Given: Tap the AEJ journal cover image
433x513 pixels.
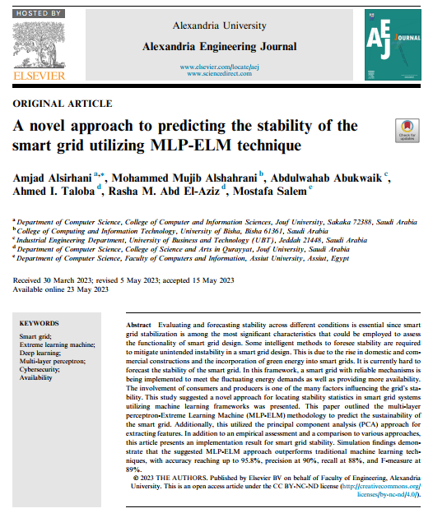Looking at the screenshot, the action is pyautogui.click(x=393, y=46).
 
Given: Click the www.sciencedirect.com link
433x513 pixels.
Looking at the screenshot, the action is pyautogui.click(x=216, y=73).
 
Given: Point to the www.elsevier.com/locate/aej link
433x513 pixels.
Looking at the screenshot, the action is pyautogui.click(x=216, y=66).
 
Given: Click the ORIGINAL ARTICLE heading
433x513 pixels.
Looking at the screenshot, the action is pyautogui.click(x=62, y=104).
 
